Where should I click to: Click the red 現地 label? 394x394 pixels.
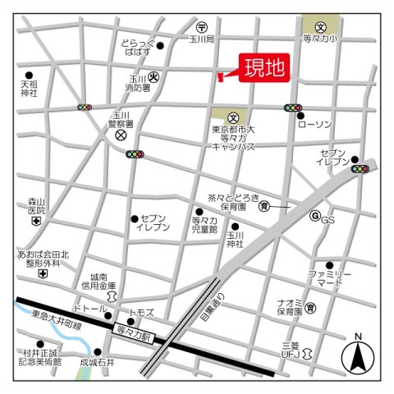point(263,68)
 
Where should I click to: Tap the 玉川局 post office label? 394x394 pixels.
point(200,39)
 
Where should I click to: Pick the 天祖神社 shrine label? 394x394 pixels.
point(30,88)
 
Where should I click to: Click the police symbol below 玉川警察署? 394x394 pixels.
point(121,134)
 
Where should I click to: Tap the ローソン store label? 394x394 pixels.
point(315,124)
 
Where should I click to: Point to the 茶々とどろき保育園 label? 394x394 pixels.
point(233,202)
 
